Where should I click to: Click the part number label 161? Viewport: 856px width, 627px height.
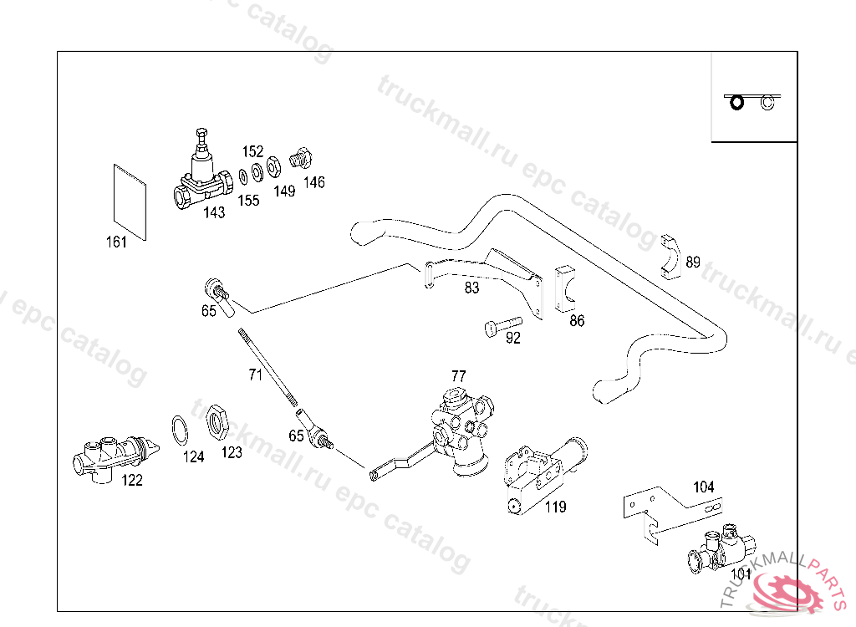(116, 242)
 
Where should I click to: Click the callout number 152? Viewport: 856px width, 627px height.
(252, 151)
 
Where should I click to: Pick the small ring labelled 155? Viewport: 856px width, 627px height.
(242, 176)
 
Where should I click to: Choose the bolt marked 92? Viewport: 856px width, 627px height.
(502, 324)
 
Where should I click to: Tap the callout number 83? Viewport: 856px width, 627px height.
(472, 288)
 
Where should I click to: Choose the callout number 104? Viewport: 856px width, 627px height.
(704, 487)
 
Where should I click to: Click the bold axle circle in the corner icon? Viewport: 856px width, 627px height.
(736, 102)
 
